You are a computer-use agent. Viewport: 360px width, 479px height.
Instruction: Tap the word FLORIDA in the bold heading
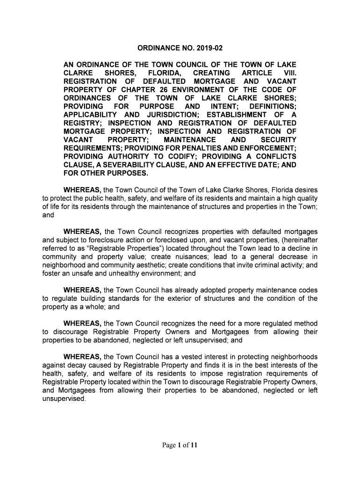pos(164,73)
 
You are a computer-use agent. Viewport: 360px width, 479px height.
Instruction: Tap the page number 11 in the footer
pos(194,446)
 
